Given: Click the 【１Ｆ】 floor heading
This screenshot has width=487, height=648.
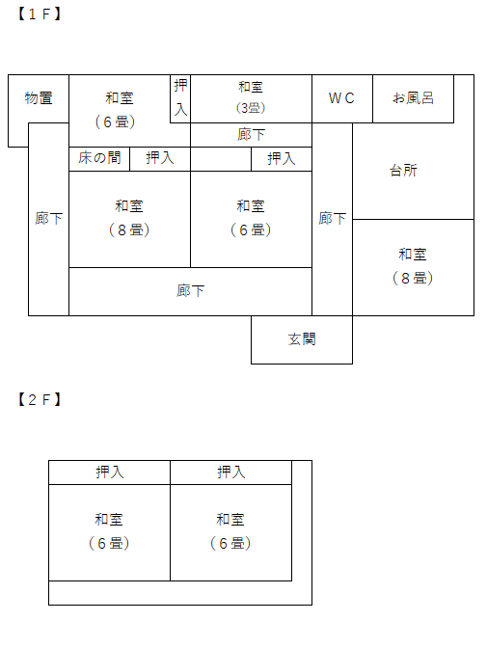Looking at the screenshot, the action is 40,14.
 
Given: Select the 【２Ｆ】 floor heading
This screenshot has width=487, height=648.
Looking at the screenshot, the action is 40,399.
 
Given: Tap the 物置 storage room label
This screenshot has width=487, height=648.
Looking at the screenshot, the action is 39,98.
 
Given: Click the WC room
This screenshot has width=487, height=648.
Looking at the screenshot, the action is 342,98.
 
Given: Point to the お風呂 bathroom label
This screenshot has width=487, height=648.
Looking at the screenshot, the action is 413,98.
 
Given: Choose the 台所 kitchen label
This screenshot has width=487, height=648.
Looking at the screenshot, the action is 403,171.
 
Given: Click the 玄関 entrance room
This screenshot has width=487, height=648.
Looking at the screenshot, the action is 302,339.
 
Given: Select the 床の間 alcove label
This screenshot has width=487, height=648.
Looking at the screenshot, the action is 99,157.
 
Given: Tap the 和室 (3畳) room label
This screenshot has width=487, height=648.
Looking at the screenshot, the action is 251,97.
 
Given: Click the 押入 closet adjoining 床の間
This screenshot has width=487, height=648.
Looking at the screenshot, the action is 160,159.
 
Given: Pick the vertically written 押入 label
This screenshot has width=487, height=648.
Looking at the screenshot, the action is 180,97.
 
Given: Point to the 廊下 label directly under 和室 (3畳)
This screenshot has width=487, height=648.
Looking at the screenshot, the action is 251,135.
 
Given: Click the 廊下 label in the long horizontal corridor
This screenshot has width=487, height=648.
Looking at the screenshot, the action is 190,291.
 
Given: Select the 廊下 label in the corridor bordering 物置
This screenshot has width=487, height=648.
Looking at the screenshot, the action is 49,219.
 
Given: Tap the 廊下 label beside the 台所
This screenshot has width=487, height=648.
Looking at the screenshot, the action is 332,219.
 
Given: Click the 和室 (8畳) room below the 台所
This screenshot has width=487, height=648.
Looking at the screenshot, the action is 413,267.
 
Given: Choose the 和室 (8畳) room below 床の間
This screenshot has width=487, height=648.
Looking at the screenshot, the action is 129,219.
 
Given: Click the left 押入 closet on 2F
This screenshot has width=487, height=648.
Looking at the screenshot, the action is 109,472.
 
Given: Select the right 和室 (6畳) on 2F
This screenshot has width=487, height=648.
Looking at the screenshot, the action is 230,532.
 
